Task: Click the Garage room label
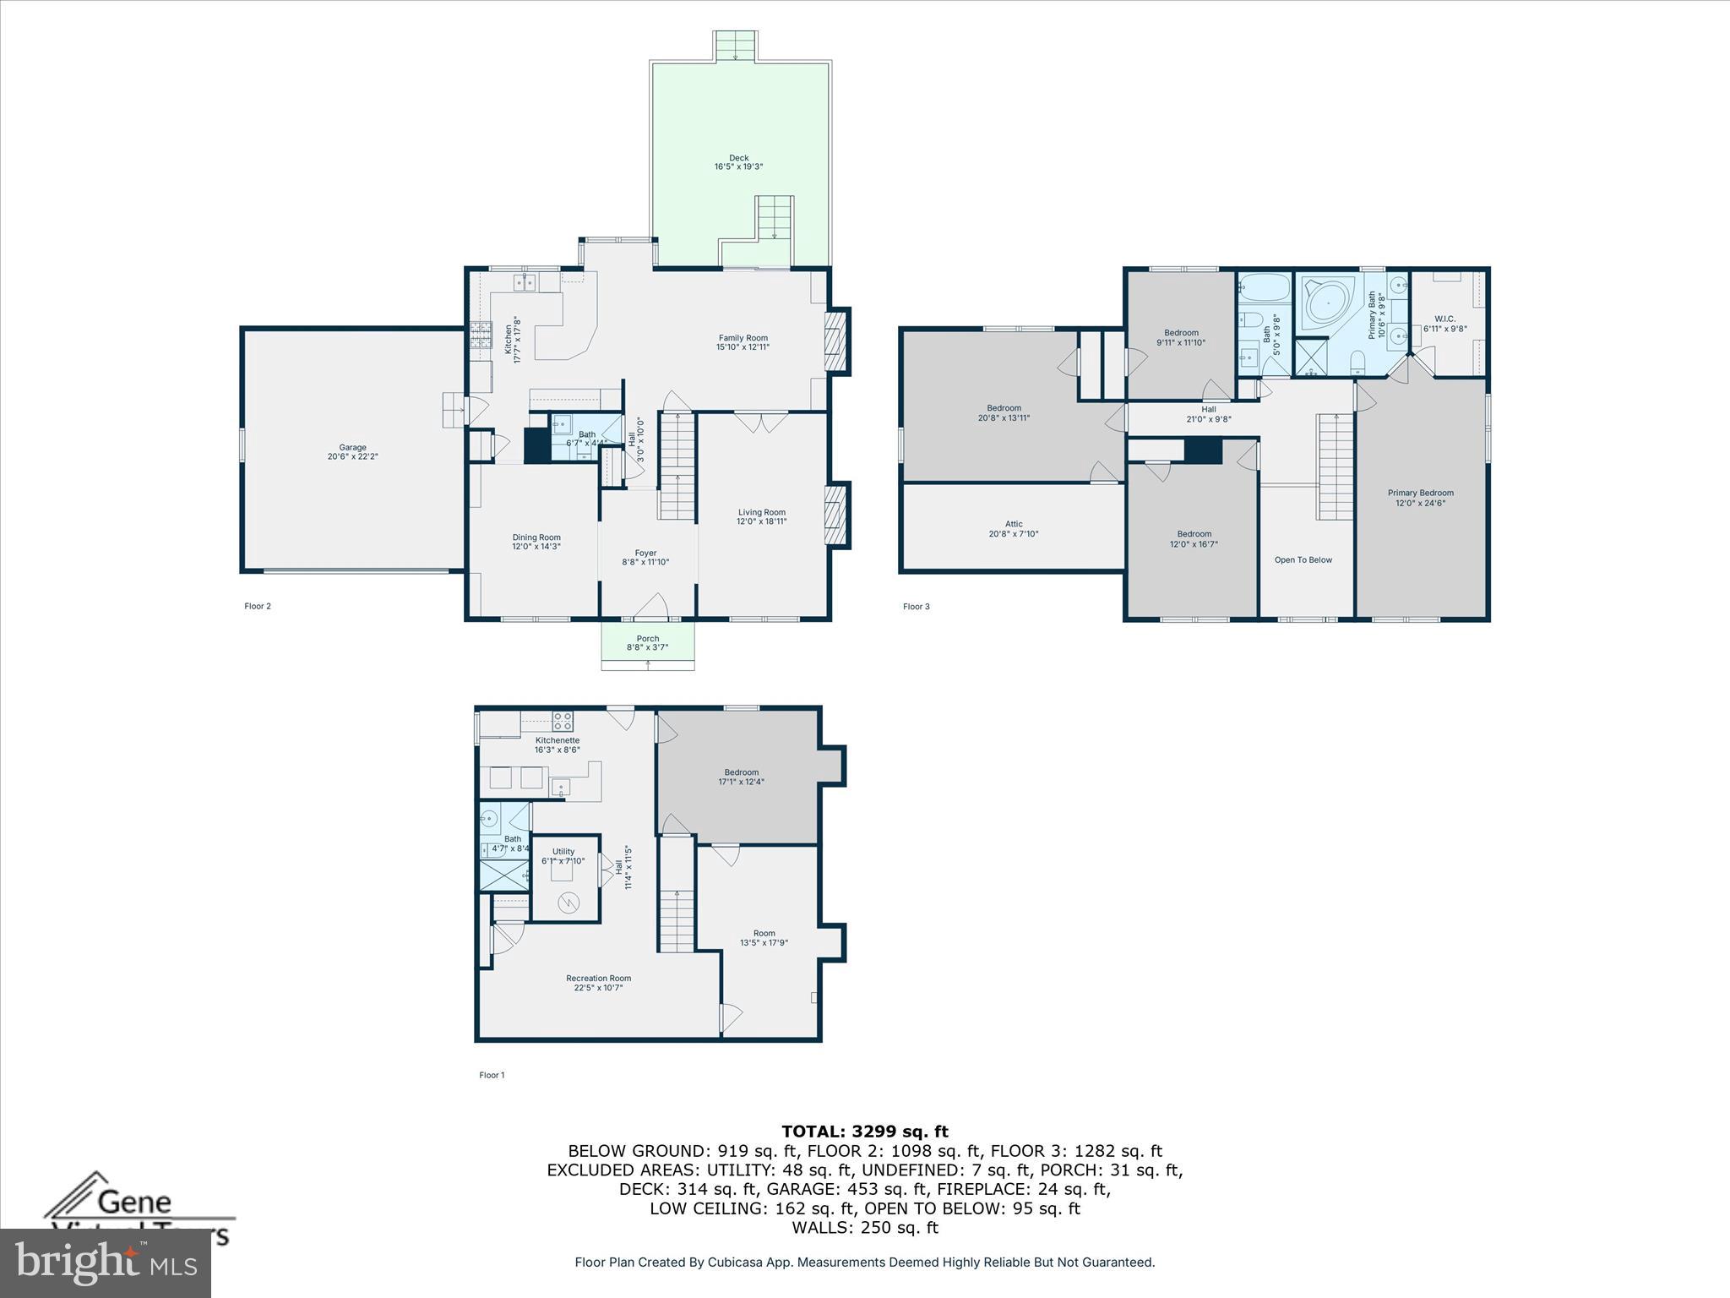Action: point(352,447)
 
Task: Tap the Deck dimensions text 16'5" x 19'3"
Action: point(738,167)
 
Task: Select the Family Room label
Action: point(743,338)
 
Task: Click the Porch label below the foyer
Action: point(648,639)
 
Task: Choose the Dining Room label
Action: point(536,537)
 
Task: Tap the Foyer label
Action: point(645,554)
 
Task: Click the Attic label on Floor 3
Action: point(1013,524)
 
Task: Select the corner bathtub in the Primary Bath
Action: point(1328,304)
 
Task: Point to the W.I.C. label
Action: point(1444,319)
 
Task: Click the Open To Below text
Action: point(1303,559)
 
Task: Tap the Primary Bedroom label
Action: point(1420,493)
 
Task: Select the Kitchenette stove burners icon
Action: point(563,721)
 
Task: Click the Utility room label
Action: point(563,851)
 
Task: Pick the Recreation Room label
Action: point(598,979)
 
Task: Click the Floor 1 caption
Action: point(492,1075)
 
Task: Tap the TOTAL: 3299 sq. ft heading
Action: point(864,1132)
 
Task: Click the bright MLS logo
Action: point(105,1263)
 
